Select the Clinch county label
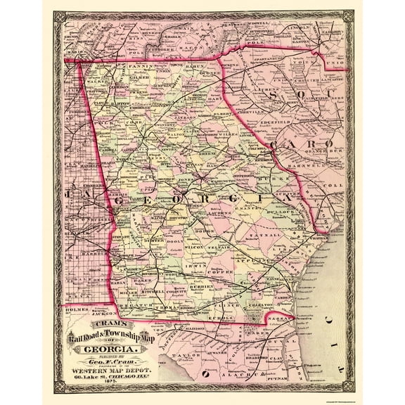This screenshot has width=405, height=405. point(233,306)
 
